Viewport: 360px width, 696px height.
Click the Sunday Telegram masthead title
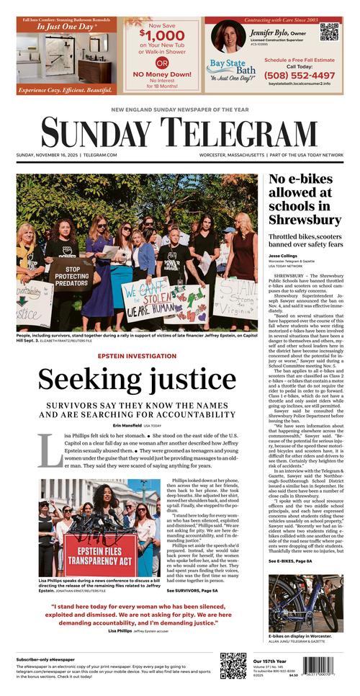(x=179, y=133)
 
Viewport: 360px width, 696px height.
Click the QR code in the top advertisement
(x=329, y=32)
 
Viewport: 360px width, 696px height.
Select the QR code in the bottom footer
(x=233, y=666)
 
